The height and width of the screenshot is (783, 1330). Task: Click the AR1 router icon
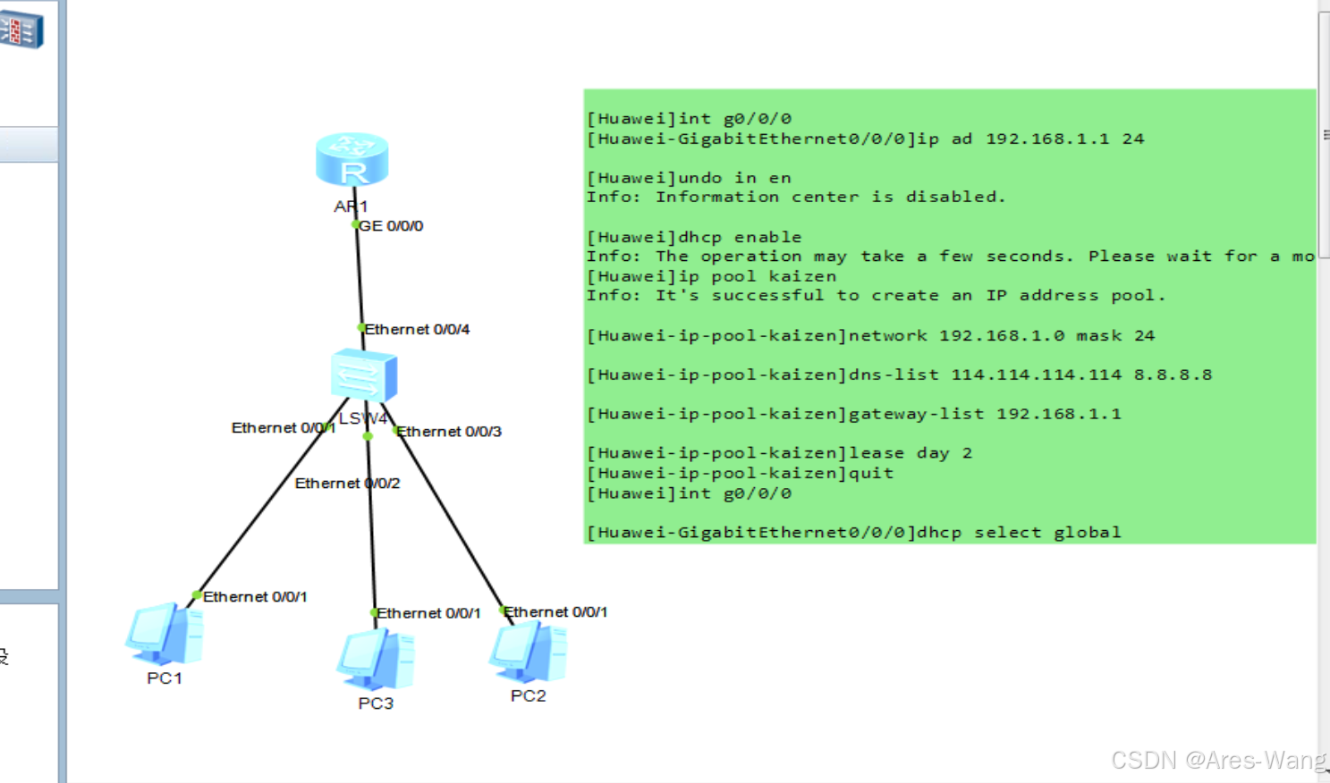[352, 159]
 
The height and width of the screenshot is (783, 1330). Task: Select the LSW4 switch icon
[363, 375]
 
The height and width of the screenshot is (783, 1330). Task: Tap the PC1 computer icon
[165, 635]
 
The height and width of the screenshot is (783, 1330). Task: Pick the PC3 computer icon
[376, 659]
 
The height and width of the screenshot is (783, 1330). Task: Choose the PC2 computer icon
[528, 652]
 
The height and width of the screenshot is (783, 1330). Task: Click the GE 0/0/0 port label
[391, 226]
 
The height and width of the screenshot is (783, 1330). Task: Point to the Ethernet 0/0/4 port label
[417, 330]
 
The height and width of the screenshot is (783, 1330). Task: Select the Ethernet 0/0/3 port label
[449, 432]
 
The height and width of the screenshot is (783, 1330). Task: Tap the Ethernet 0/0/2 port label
[347, 484]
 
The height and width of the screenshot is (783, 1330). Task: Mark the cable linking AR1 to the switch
[359, 277]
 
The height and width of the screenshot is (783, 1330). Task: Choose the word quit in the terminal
[871, 473]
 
